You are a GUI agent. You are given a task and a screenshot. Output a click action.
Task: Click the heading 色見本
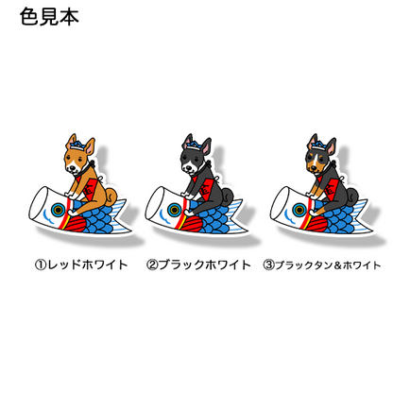point(49,16)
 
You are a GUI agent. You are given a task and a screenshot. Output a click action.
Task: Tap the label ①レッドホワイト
point(81,265)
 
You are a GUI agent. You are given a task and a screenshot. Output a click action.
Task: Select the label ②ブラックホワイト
point(198,265)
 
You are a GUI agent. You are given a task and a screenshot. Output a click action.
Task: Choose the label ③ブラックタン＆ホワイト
point(322,265)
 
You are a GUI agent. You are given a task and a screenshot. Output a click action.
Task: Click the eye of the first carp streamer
point(58,209)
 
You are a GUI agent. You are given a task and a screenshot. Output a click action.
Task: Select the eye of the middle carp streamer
point(174,209)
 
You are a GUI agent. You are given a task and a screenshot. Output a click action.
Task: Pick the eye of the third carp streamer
point(299,209)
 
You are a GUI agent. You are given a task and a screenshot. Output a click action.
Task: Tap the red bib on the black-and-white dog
point(205,188)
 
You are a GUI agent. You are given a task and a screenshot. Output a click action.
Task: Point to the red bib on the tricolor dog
point(330,188)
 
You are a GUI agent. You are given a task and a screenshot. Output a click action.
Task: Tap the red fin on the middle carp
point(192,225)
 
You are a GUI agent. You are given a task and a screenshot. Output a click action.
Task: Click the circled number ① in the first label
point(41,265)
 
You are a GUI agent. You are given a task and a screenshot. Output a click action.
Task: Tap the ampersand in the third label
point(338,265)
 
